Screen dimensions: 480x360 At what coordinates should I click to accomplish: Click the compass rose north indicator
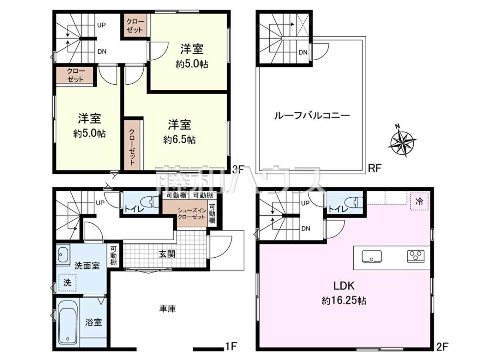point(402,141)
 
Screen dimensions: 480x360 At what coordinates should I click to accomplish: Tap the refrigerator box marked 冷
point(419,201)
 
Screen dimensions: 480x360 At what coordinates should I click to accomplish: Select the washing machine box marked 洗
point(67,283)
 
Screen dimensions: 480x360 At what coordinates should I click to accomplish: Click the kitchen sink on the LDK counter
point(372,256)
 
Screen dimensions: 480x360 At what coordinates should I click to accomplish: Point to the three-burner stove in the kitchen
point(416,256)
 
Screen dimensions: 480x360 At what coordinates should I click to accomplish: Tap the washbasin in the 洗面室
point(63,254)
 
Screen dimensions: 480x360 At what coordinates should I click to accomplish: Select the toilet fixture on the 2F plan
point(354,202)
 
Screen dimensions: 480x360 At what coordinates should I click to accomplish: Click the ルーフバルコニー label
point(312,116)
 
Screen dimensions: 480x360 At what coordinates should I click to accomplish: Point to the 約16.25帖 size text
point(344,301)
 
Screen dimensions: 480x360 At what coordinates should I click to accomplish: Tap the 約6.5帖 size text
point(179,140)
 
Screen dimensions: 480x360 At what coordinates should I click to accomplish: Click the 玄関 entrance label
point(167,254)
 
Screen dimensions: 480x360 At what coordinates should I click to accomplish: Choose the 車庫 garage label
point(168,309)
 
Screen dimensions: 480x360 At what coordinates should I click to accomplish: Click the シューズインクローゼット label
point(192,214)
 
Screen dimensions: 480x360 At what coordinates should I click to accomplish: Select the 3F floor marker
point(238,169)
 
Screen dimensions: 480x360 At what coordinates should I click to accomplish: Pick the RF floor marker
point(375,168)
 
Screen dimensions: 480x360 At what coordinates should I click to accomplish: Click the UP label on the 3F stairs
point(102,25)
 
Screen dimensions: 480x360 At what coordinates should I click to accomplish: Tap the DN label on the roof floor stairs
point(303,52)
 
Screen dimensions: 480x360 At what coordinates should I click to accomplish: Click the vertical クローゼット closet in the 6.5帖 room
point(132,145)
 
